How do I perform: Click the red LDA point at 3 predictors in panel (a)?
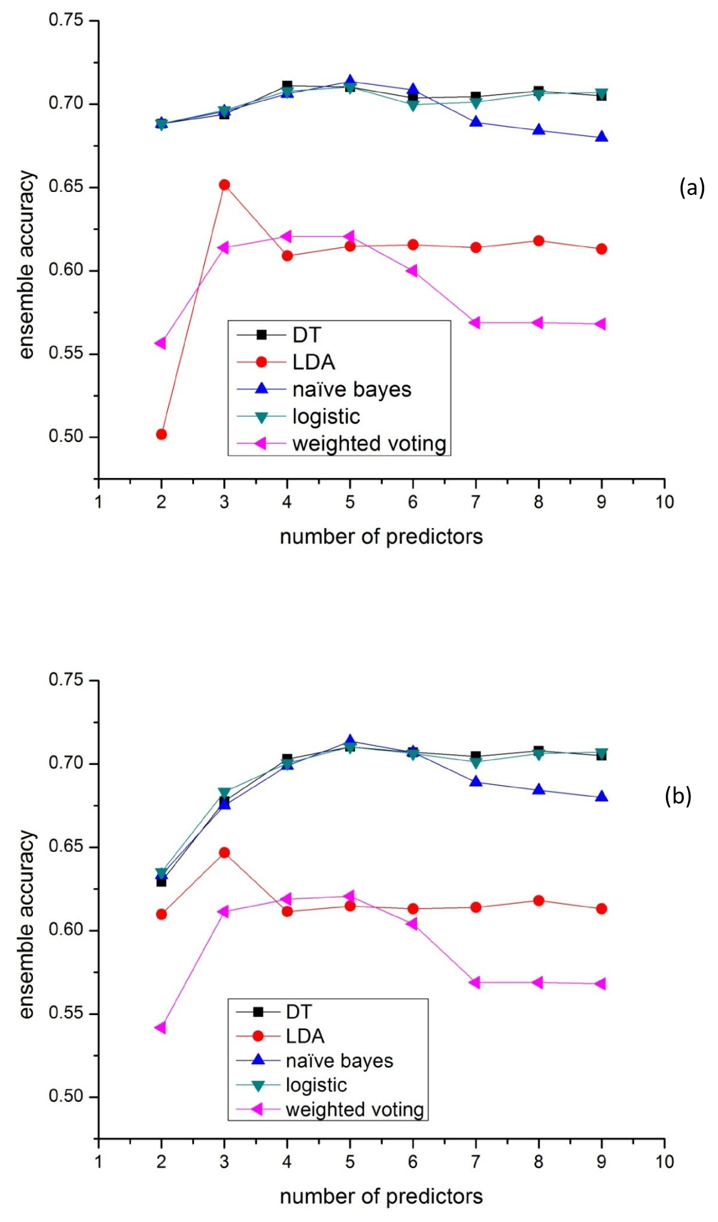[224, 185]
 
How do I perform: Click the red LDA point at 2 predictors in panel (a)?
[162, 434]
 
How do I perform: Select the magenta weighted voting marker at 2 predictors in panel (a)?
[160, 343]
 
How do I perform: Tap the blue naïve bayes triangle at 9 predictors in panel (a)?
[601, 137]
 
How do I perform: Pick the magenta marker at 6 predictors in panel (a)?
[412, 271]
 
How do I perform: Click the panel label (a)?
[692, 188]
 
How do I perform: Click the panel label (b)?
[678, 796]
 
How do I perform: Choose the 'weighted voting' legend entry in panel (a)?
[369, 444]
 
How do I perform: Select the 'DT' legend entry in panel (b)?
[299, 1012]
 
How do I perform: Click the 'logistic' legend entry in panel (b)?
[316, 1085]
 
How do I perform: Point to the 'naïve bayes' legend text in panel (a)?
[352, 389]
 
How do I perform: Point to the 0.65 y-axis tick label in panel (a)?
[65, 187]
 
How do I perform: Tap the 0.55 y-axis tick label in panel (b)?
[65, 1013]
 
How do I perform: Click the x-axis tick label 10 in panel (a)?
[664, 502]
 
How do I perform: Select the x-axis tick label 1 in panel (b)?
[98, 1162]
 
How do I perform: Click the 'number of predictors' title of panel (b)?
[381, 1196]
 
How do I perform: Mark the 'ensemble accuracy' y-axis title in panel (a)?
[27, 265]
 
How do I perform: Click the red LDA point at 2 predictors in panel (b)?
[162, 914]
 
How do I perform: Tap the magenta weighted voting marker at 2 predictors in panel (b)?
[160, 1028]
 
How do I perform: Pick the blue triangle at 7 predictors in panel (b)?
[476, 781]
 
